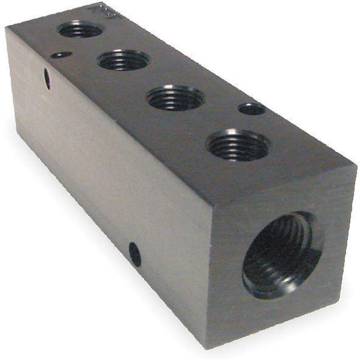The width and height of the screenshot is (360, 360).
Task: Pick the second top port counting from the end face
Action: [x=176, y=98]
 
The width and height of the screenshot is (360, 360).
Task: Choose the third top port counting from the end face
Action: [x=123, y=60]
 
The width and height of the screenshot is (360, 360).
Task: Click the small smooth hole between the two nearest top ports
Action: [x=252, y=109]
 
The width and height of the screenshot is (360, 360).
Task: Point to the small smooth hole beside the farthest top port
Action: [x=61, y=55]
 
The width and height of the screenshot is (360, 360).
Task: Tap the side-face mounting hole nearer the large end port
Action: [x=135, y=254]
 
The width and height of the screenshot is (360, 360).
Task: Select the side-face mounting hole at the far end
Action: [x=47, y=79]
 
